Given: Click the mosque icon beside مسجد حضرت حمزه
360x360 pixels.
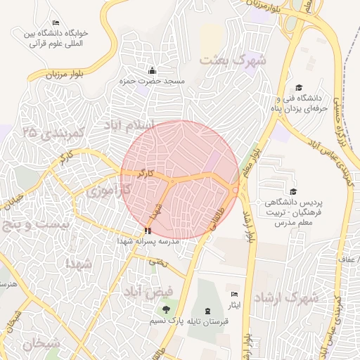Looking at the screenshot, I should (x=153, y=70).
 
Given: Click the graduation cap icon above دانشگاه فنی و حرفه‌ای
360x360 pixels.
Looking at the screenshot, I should (x=299, y=87).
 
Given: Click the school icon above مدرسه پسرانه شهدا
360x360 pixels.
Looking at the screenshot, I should (x=147, y=230).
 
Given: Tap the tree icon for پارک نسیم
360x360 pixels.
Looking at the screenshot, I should (x=166, y=310).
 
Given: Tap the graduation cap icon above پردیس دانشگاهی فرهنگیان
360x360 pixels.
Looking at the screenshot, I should (x=293, y=191).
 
